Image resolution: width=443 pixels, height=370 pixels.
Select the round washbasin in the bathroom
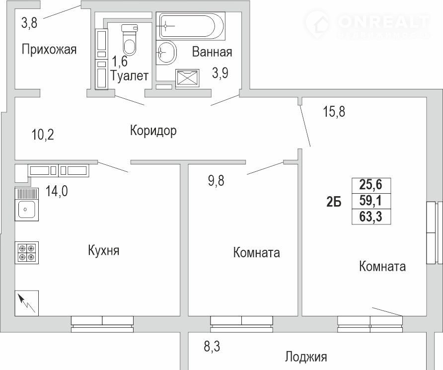coord(166,53)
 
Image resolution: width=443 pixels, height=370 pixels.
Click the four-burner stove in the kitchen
coord(26,253)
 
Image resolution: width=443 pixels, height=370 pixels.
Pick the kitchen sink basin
coord(26,209)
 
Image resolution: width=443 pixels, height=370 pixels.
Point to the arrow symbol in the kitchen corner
coord(26,303)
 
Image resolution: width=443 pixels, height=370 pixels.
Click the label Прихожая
coord(49,50)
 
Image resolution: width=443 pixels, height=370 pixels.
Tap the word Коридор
coord(153,131)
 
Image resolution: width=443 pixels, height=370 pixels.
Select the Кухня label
coord(104,250)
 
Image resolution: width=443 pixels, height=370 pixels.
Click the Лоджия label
coord(306,357)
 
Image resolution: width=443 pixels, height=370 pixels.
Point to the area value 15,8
coord(334,112)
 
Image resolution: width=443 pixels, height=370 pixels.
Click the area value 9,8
coord(216,180)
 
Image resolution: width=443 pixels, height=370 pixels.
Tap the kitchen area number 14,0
coord(57,191)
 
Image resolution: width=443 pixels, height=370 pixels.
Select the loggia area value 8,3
coord(212,346)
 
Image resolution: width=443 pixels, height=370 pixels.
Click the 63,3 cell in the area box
coord(371,217)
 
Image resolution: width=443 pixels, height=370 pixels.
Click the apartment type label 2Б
coord(334,203)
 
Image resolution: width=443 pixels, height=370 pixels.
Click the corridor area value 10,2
coord(43,135)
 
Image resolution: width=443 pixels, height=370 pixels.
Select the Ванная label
coord(212,52)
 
